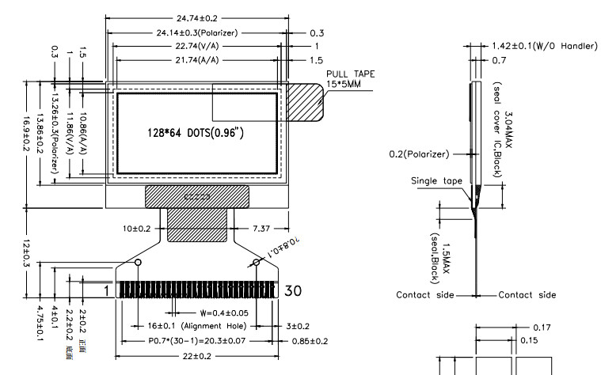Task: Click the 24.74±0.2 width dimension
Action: click(198, 17)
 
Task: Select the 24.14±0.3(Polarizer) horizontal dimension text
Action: click(198, 33)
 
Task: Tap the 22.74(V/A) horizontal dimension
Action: click(198, 47)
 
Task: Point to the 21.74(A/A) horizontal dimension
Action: click(198, 60)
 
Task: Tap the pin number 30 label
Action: click(291, 290)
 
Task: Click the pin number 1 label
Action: click(105, 290)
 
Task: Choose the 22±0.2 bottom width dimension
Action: click(197, 357)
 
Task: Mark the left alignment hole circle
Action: click(138, 262)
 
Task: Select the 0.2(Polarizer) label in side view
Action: click(419, 153)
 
